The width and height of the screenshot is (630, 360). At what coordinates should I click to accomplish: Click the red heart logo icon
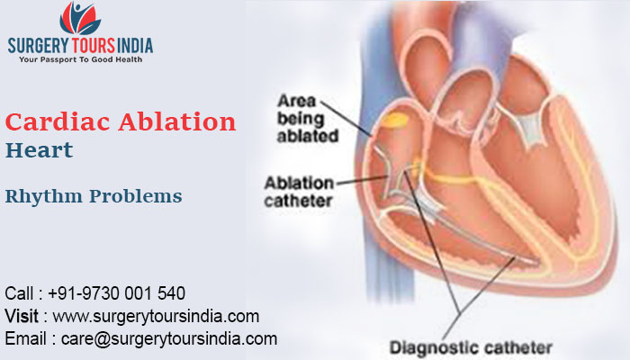[79, 18]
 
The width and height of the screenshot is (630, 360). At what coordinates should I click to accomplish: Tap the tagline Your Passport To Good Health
[80, 60]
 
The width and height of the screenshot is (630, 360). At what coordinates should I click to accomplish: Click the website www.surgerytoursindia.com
[157, 316]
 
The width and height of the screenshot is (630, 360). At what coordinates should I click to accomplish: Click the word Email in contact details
[26, 338]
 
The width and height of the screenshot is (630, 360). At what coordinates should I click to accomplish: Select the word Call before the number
[22, 293]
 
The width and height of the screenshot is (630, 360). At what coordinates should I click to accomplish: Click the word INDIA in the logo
[133, 46]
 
